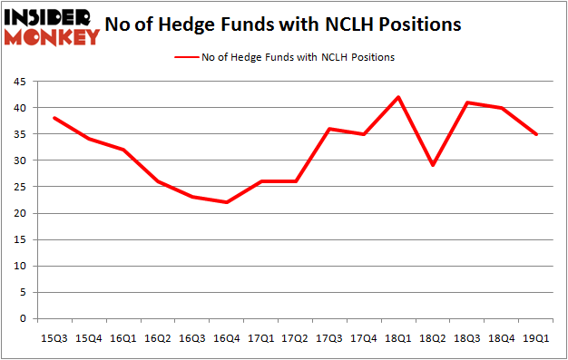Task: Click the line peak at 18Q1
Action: click(x=398, y=97)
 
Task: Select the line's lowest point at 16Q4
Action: click(x=226, y=202)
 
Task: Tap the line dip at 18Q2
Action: click(x=433, y=165)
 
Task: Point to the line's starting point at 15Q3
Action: click(x=54, y=118)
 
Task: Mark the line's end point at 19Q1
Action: click(x=537, y=134)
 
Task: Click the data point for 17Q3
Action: click(x=329, y=129)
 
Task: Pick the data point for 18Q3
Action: click(x=467, y=102)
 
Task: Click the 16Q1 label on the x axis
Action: click(x=122, y=337)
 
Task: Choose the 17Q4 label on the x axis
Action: click(x=364, y=337)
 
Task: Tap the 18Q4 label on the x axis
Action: click(x=502, y=337)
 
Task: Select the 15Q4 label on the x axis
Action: click(x=88, y=337)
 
